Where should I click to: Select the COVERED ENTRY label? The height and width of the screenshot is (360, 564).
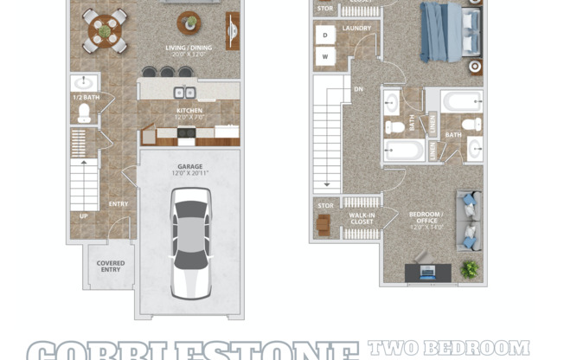(111, 267)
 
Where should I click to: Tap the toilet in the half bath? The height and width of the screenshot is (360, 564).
(85, 112)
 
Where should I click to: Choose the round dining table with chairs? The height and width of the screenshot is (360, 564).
(105, 31)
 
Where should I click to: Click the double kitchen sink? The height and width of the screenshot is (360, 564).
(184, 93)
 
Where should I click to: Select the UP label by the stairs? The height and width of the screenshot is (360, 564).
(84, 215)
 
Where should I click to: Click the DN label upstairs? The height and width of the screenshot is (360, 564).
(358, 88)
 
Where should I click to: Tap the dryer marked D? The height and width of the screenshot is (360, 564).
(325, 35)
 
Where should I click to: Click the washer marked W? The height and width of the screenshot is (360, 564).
(325, 57)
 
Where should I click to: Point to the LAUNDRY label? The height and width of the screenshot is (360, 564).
(356, 29)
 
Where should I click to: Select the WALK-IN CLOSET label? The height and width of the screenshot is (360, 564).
(362, 217)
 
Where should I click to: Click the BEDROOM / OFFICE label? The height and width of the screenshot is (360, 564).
(426, 217)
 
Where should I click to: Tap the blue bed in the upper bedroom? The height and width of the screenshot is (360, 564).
(443, 30)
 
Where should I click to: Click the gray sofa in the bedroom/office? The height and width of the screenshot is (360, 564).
(468, 221)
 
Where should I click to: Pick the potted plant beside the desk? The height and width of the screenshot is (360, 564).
(470, 270)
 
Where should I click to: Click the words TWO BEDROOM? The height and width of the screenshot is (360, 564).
(449, 348)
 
